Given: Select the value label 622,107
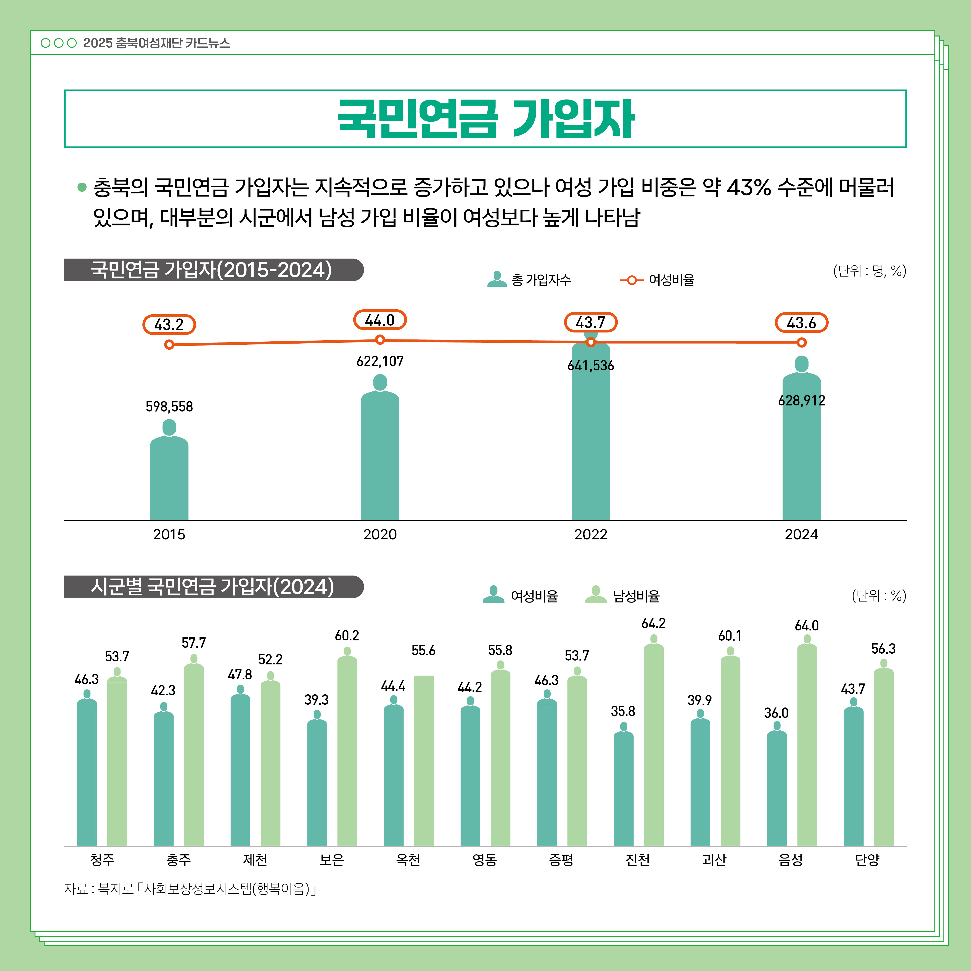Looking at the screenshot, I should click(380, 361).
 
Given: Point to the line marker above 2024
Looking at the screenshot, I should click(802, 343).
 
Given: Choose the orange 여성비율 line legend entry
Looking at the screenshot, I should click(657, 280).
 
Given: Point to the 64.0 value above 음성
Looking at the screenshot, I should click(807, 626).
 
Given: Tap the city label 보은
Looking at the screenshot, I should click(332, 860).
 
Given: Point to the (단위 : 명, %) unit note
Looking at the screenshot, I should click(870, 271).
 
